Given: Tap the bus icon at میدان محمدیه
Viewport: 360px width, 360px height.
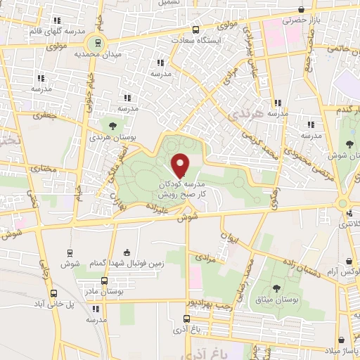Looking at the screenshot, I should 97,42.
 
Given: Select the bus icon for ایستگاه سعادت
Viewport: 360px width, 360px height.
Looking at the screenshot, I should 195,30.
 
